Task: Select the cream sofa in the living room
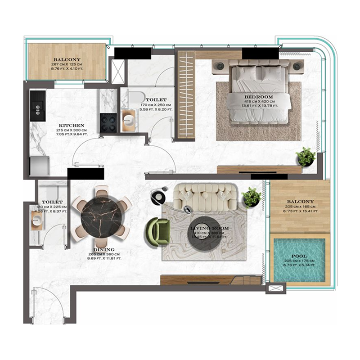(x=206, y=196)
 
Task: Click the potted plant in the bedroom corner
(x=306, y=157)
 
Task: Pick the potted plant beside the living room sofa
(x=251, y=197)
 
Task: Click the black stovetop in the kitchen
(x=108, y=122)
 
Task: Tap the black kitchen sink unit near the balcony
(x=38, y=105)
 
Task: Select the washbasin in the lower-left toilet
(x=36, y=220)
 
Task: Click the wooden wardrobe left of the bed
(x=185, y=94)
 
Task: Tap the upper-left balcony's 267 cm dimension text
(x=67, y=64)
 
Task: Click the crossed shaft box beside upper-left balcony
(x=118, y=72)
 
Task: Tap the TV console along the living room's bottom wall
(x=211, y=280)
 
